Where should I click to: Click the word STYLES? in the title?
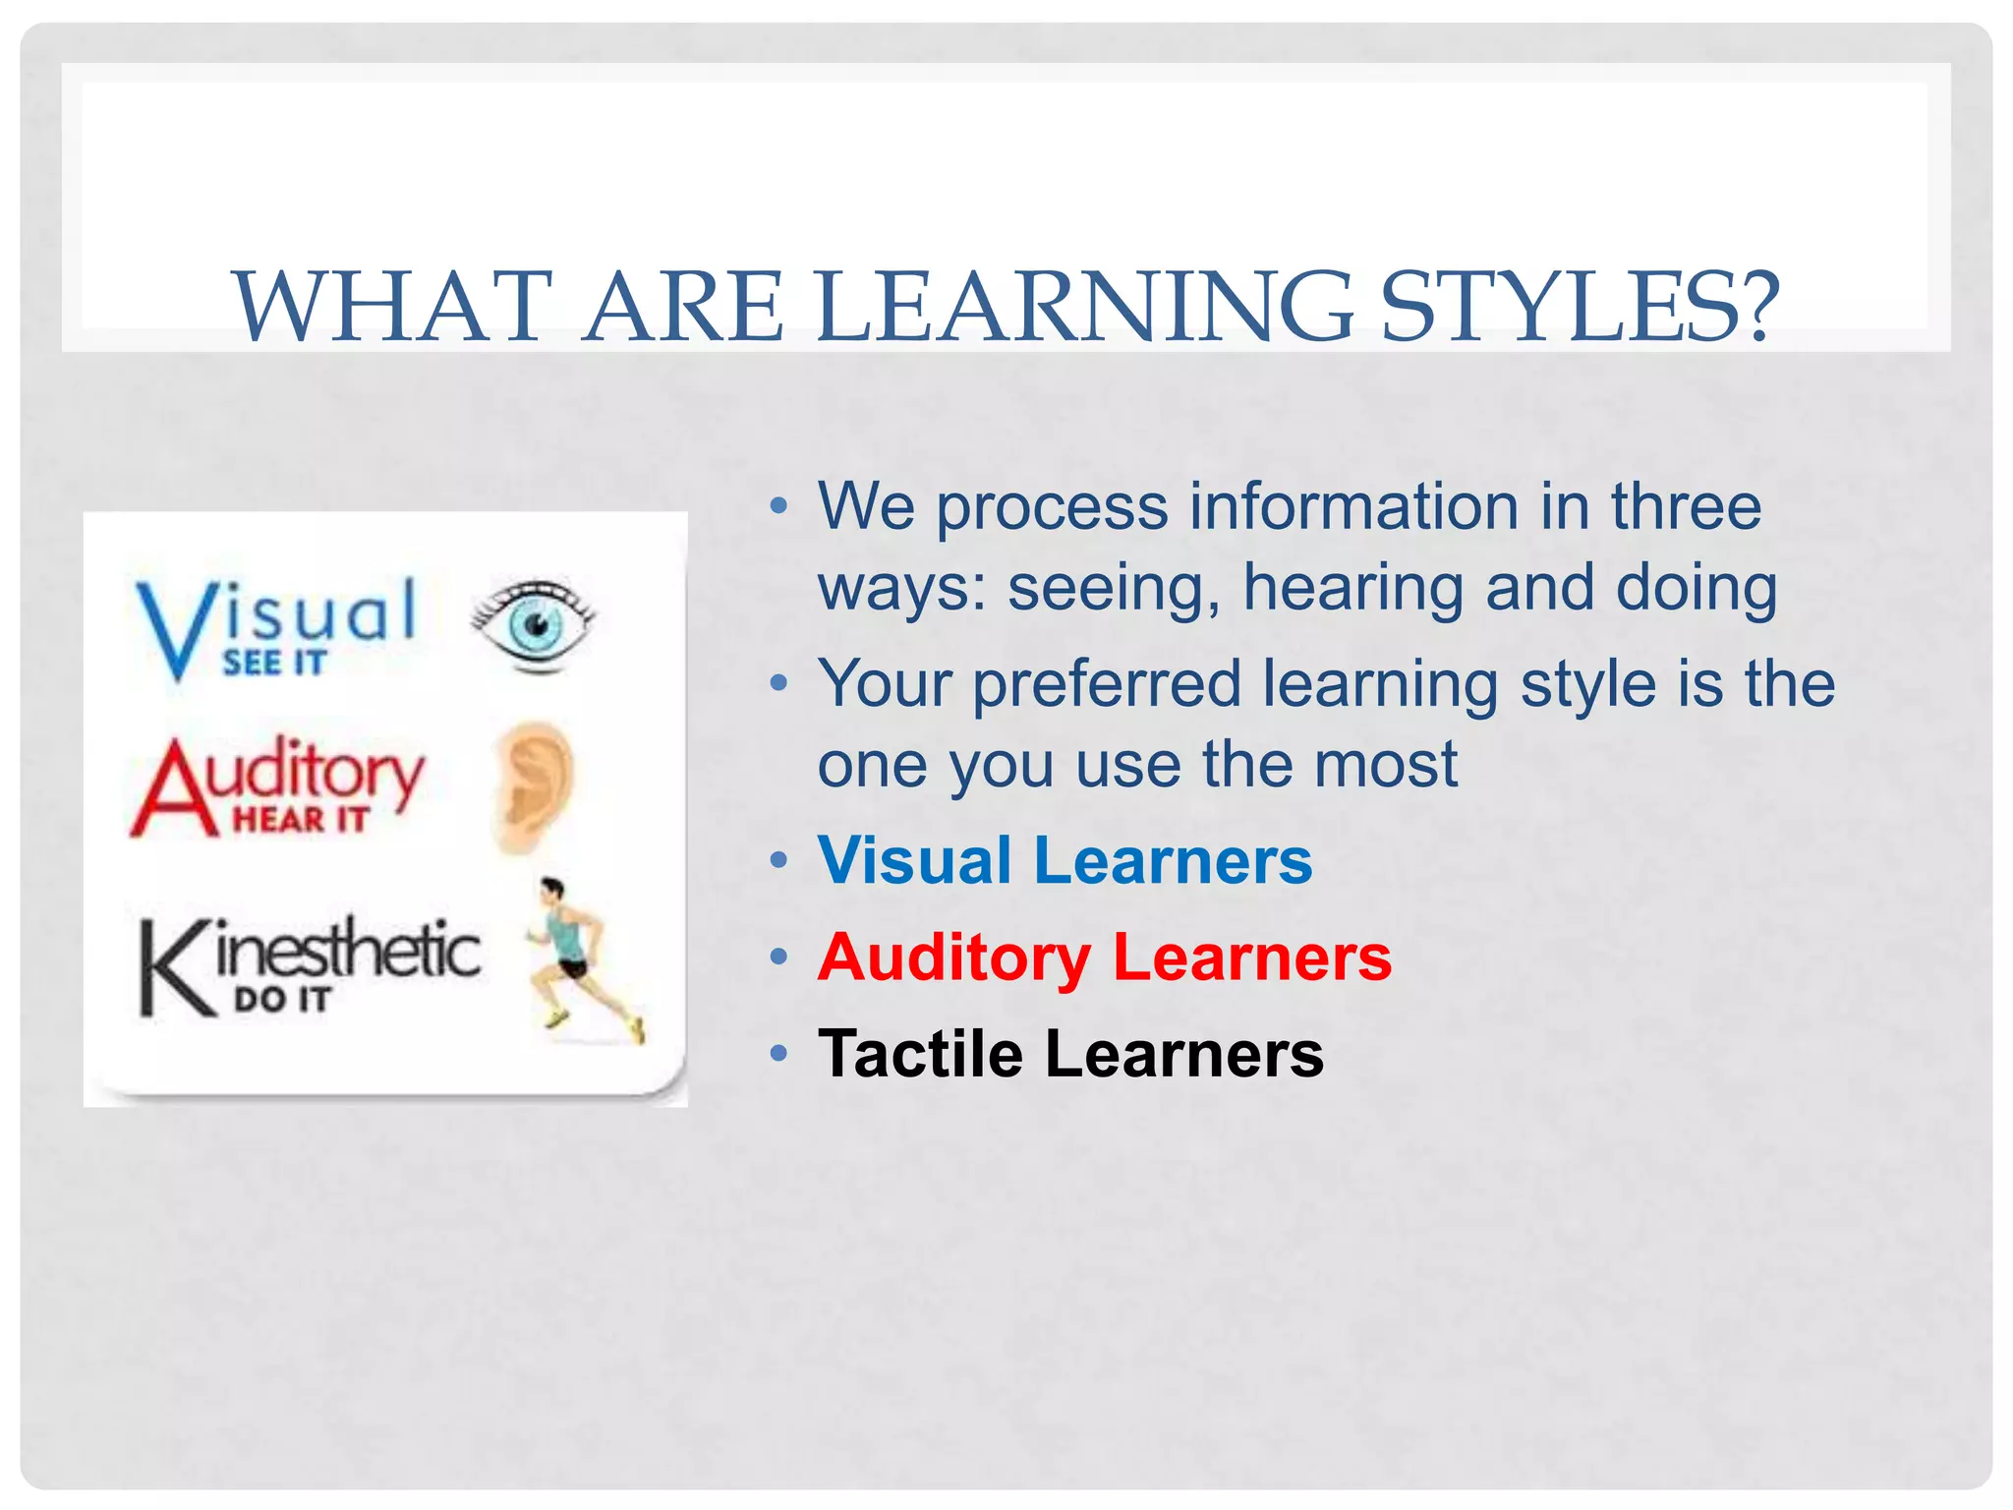pos(1580,307)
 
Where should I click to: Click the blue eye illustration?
pos(534,623)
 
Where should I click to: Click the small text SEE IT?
pos(273,664)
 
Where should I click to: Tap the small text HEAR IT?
pos(300,819)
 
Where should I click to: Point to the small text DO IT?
pos(282,1000)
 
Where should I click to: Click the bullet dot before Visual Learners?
pos(778,861)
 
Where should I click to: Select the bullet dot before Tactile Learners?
pos(778,1054)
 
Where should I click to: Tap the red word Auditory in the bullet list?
pos(953,958)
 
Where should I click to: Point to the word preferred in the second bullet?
pos(1106,684)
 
